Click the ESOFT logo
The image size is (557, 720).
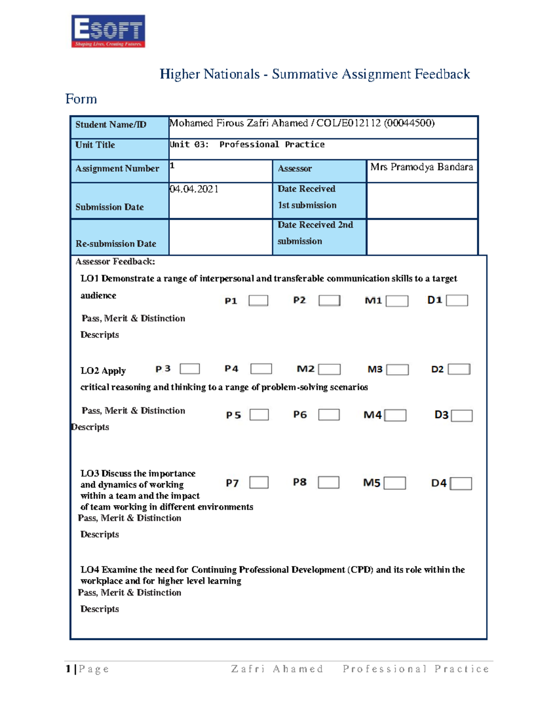click(108, 31)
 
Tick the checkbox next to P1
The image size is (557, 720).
click(258, 300)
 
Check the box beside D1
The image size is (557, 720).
click(457, 300)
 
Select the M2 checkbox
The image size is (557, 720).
click(329, 369)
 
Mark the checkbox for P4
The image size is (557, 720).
click(261, 369)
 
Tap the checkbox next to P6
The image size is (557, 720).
click(329, 414)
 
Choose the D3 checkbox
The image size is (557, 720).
click(461, 415)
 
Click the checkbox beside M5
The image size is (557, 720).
click(395, 483)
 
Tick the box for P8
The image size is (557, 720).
click(328, 482)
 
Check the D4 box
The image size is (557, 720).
click(461, 484)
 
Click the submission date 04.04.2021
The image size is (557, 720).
click(194, 189)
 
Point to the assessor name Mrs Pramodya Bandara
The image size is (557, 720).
click(421, 167)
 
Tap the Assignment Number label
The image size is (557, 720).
click(117, 169)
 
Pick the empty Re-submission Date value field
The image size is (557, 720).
click(220, 237)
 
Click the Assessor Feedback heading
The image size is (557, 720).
click(115, 261)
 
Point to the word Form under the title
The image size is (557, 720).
click(81, 99)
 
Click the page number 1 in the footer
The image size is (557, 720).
click(68, 669)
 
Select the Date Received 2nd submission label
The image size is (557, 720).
click(315, 233)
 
